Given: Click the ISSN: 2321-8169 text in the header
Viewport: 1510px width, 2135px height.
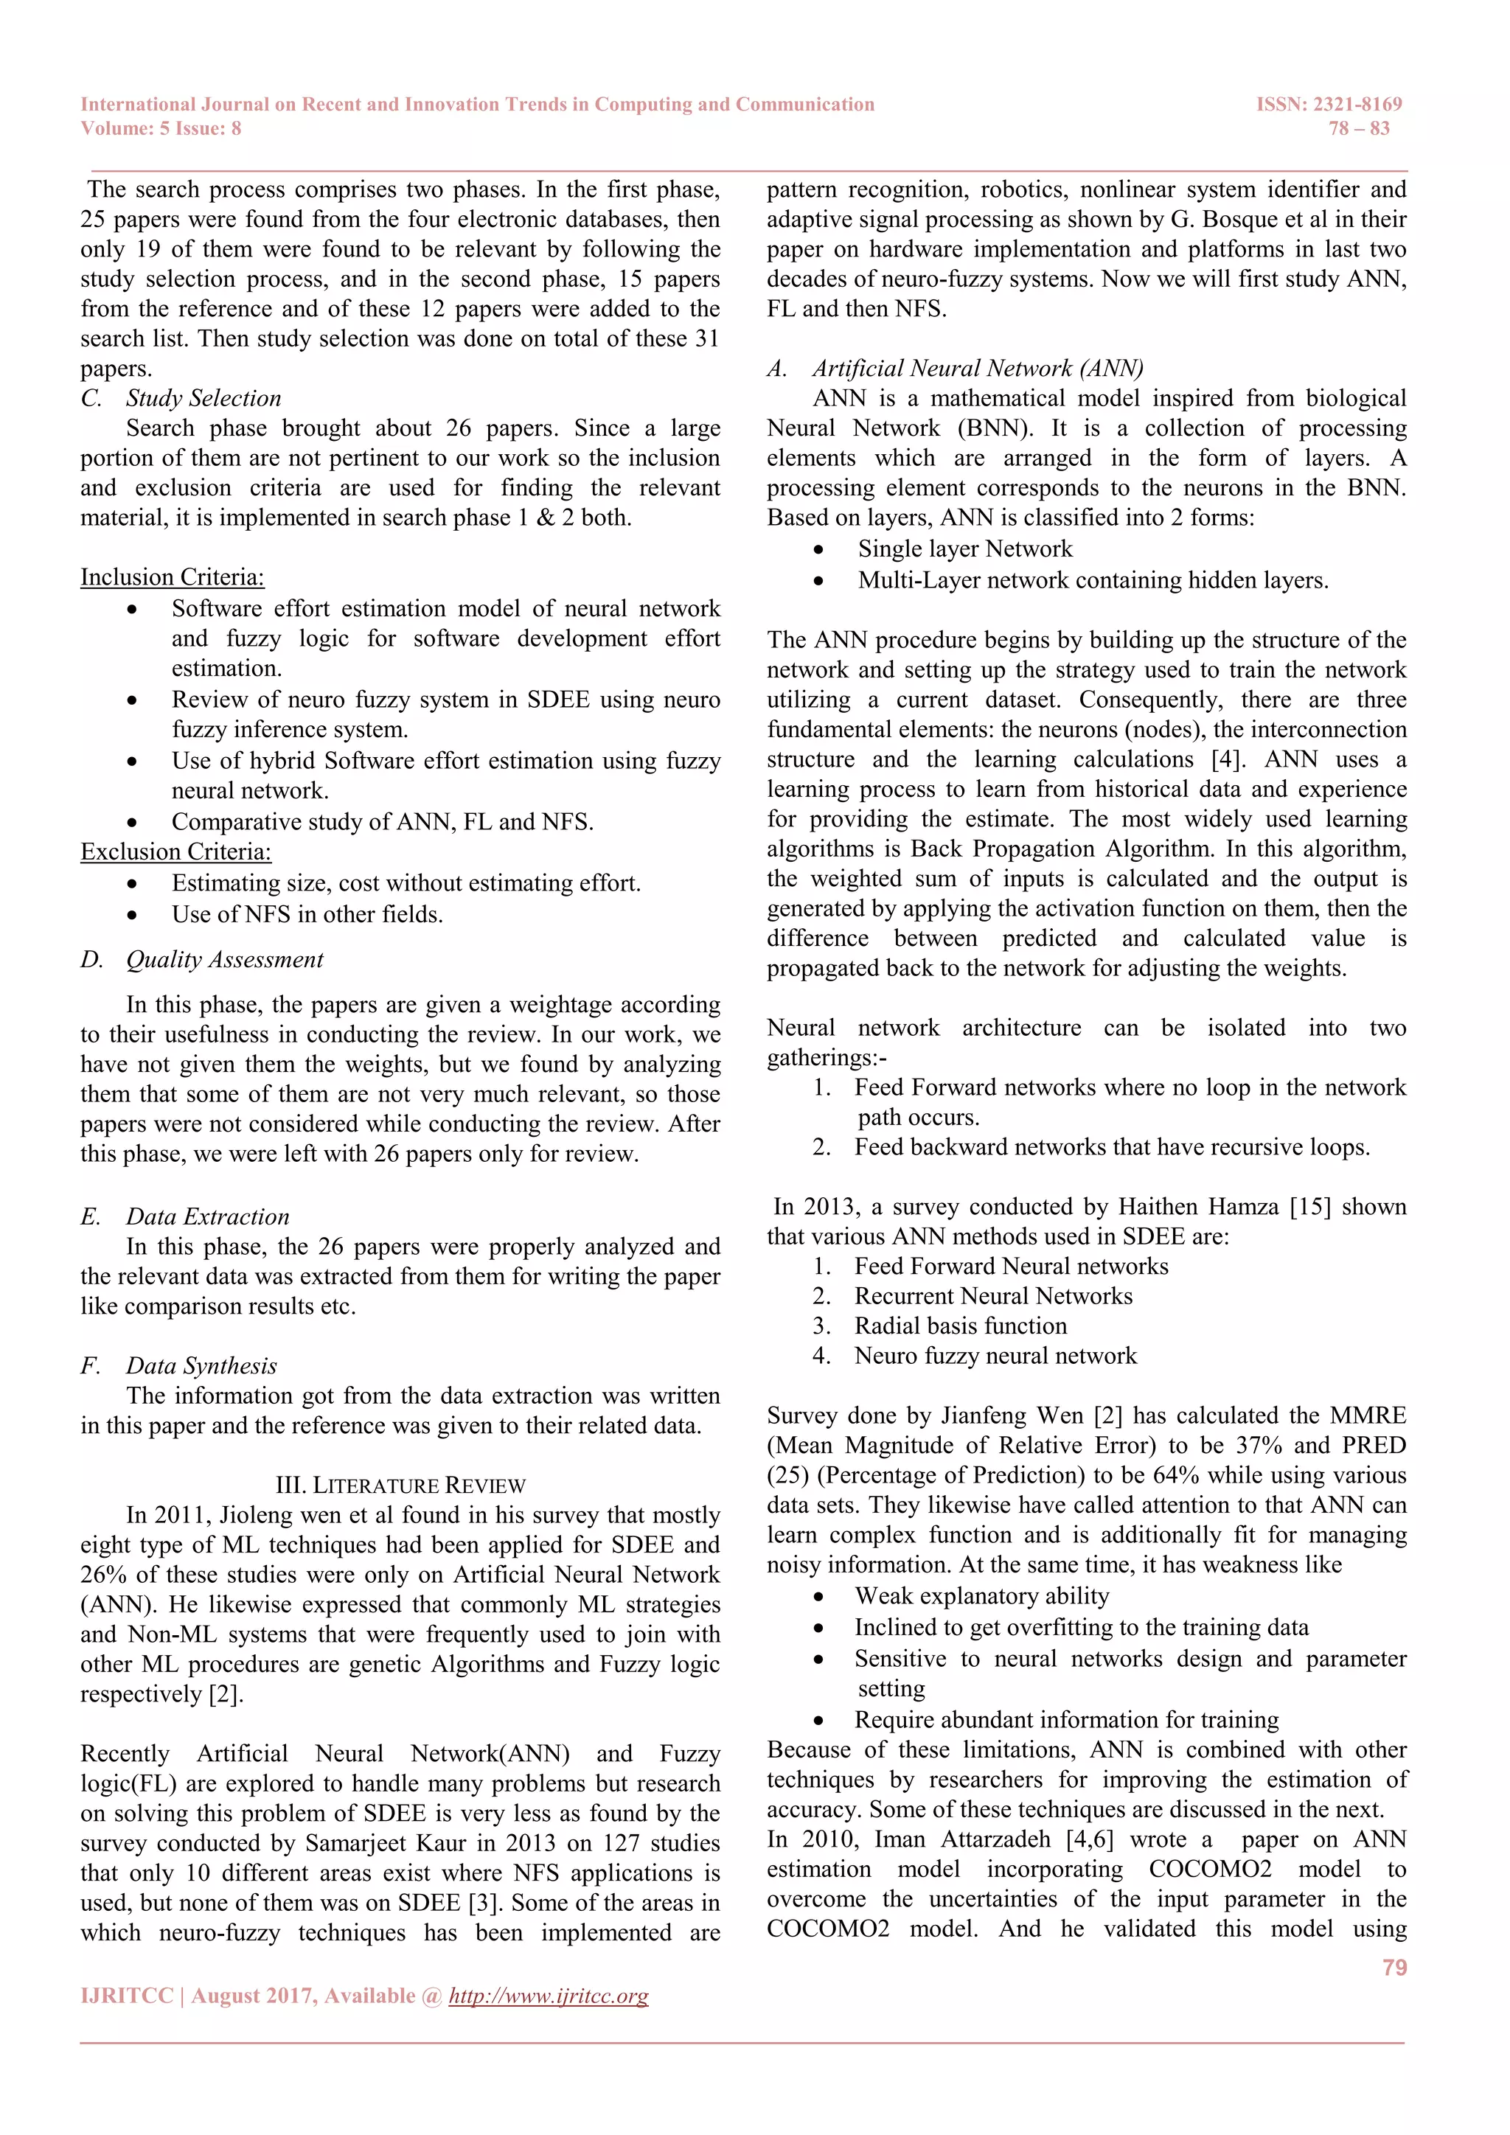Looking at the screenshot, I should (x=1329, y=104).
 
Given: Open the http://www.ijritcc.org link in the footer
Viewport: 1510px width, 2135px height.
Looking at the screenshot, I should (x=548, y=1996).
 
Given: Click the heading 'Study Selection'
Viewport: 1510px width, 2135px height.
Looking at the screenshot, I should (x=203, y=398).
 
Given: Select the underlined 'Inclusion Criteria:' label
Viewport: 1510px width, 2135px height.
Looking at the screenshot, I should (x=172, y=577).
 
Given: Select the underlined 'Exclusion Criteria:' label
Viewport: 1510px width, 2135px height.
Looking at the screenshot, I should (x=175, y=851).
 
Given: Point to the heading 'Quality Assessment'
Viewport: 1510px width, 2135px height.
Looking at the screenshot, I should (x=225, y=960).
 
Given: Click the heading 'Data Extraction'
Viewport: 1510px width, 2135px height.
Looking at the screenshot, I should (x=207, y=1216).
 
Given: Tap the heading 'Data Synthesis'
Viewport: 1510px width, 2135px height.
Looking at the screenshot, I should (x=202, y=1365).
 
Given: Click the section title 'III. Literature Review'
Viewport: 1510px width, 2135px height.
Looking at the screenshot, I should (x=401, y=1485).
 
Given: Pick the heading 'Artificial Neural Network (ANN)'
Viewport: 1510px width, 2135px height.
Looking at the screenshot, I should (x=977, y=368).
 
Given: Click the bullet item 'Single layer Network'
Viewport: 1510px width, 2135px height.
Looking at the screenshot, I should (x=964, y=548).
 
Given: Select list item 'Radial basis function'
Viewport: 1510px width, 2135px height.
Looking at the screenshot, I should (x=961, y=1326).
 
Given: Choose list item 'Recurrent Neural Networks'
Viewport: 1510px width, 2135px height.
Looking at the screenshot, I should (x=993, y=1296).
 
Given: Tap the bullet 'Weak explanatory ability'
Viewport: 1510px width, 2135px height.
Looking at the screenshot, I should (x=982, y=1595).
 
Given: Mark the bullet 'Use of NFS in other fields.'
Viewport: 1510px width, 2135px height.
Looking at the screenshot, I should (x=307, y=914).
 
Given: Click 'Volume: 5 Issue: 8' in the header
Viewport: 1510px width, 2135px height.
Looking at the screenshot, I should (x=161, y=128).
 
